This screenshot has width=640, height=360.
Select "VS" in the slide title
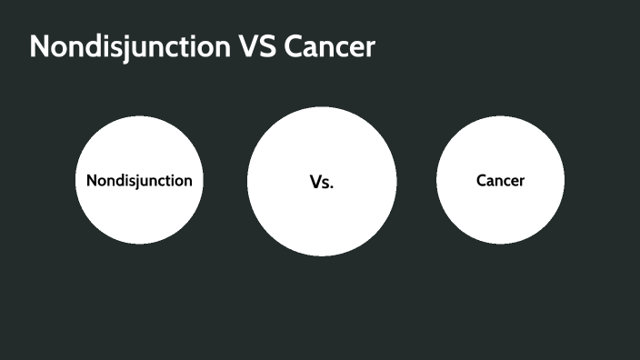pyautogui.click(x=258, y=47)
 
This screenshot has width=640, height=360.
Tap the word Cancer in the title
pyautogui.click(x=329, y=47)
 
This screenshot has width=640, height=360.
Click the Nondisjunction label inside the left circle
pyautogui.click(x=139, y=180)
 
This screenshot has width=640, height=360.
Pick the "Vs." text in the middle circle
pyautogui.click(x=322, y=182)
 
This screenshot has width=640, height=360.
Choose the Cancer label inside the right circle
pyautogui.click(x=500, y=180)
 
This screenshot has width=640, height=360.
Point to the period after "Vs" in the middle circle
pyautogui.click(x=333, y=186)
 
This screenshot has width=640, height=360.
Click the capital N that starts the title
pyautogui.click(x=39, y=47)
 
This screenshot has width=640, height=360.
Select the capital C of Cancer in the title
pyautogui.click(x=294, y=47)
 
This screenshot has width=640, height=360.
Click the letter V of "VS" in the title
pyautogui.click(x=250, y=47)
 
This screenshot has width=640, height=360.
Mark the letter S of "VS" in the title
pyautogui.click(x=268, y=47)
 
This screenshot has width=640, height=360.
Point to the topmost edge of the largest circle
pyautogui.click(x=322, y=108)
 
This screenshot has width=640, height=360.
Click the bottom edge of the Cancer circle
pyautogui.click(x=500, y=243)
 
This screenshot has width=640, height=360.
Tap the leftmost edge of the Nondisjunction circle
pyautogui.click(x=76, y=180)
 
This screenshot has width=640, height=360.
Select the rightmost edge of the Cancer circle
pyautogui.click(x=563, y=180)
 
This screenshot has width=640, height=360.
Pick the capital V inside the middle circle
pyautogui.click(x=315, y=182)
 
